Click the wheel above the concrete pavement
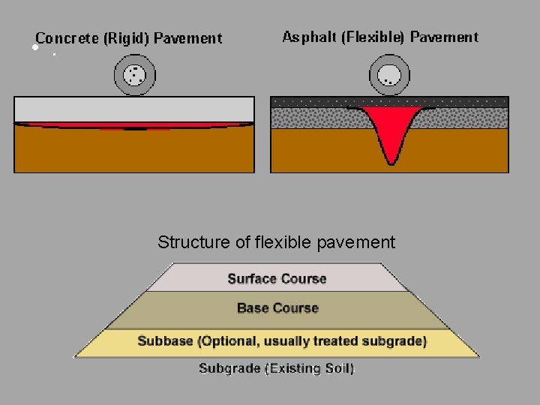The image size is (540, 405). point(134,75)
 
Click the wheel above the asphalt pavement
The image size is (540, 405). point(389,75)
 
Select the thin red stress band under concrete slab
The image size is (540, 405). point(135,125)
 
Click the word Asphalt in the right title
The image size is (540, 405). point(309,37)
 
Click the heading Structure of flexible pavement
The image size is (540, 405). point(276,242)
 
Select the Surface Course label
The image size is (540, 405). point(277,279)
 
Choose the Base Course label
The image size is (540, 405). point(277,308)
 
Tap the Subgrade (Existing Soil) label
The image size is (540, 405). point(276,369)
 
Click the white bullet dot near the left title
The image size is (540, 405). point(34,47)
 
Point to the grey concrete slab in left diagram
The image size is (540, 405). point(134,109)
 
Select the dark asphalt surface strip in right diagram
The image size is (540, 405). point(389,101)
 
